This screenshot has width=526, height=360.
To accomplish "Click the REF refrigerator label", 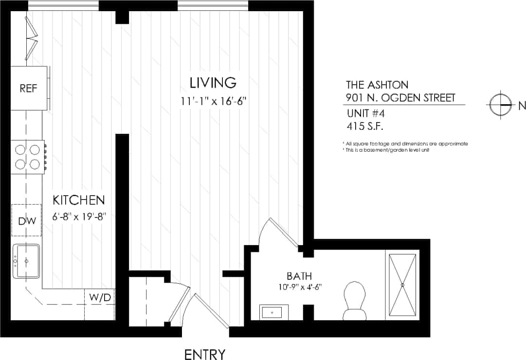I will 29,89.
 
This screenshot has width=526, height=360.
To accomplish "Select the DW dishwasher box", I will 27,221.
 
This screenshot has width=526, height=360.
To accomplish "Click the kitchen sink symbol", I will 26,261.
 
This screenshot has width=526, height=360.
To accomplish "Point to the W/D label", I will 100,297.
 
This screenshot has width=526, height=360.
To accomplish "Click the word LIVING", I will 213,83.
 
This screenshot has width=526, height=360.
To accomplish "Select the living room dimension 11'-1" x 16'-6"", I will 214,101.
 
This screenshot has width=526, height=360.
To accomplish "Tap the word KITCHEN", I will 78,200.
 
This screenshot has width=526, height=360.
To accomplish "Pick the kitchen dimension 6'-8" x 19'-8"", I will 79,216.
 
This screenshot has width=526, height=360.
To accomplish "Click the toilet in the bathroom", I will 354,299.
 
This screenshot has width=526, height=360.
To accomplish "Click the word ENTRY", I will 205,354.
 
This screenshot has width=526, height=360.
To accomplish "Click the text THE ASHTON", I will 377,84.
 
